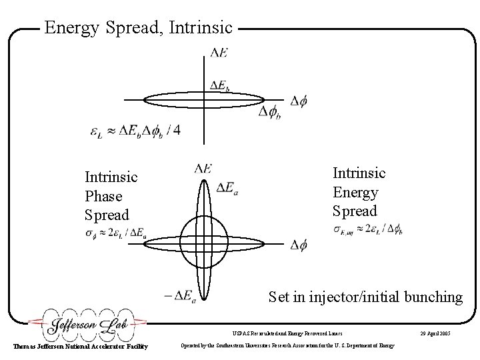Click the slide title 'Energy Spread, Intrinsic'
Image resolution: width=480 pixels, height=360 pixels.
pos(138,28)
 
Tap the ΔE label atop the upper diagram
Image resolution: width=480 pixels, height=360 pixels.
pos(217,52)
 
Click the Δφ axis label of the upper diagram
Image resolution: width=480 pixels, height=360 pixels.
pos(299,101)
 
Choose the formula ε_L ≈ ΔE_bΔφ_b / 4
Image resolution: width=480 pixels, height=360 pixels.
pos(135,131)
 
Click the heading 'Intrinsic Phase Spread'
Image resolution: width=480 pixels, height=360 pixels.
pos(111,196)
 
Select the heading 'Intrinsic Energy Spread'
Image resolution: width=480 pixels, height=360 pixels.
pos(359,192)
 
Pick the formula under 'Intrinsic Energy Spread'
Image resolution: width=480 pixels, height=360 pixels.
pos(367,230)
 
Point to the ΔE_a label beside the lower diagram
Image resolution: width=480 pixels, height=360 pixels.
pos(227,190)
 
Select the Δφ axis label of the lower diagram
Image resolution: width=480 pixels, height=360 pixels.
pos(299,245)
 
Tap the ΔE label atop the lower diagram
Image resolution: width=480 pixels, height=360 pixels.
pos(203,169)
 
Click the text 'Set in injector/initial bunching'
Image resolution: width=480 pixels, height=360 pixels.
pos(365,297)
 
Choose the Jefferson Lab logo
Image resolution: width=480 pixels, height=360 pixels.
pos(87,326)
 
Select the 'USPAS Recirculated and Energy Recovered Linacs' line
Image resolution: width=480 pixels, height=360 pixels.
pos(288,331)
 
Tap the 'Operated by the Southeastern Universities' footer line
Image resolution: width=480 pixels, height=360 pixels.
pos(288,345)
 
